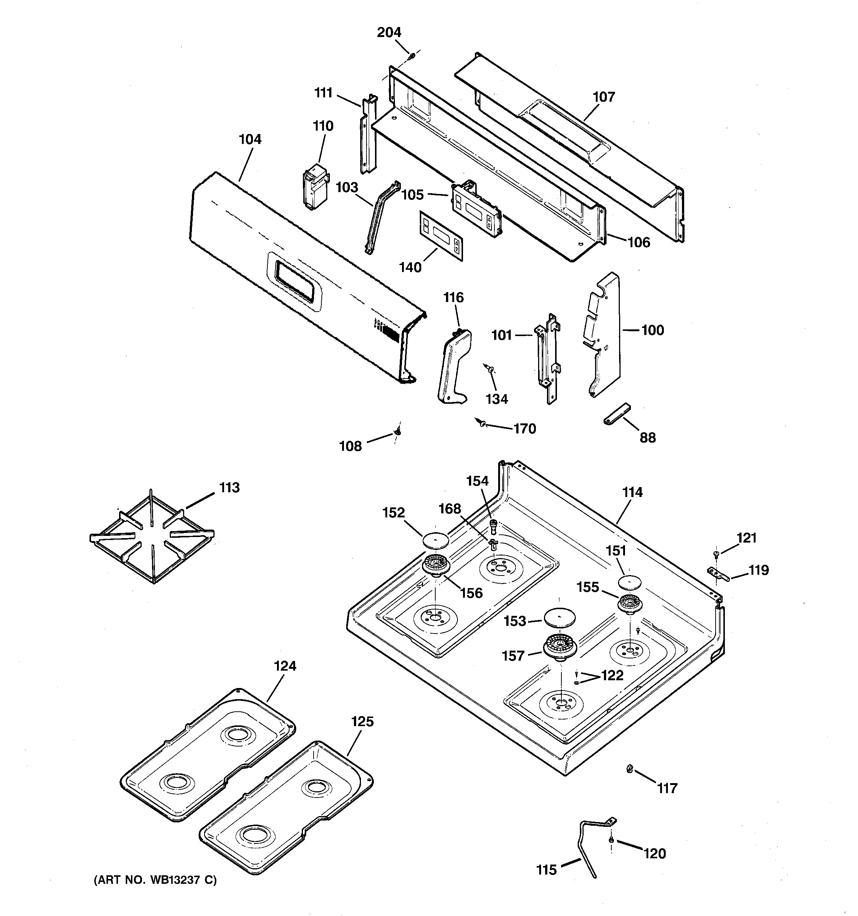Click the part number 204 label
pyautogui.click(x=389, y=32)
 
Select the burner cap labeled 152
pyautogui.click(x=435, y=538)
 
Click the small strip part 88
pyautogui.click(x=617, y=413)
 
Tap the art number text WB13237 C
pyautogui.click(x=155, y=880)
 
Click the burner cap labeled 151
pyautogui.click(x=629, y=582)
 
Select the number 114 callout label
pyautogui.click(x=632, y=492)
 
